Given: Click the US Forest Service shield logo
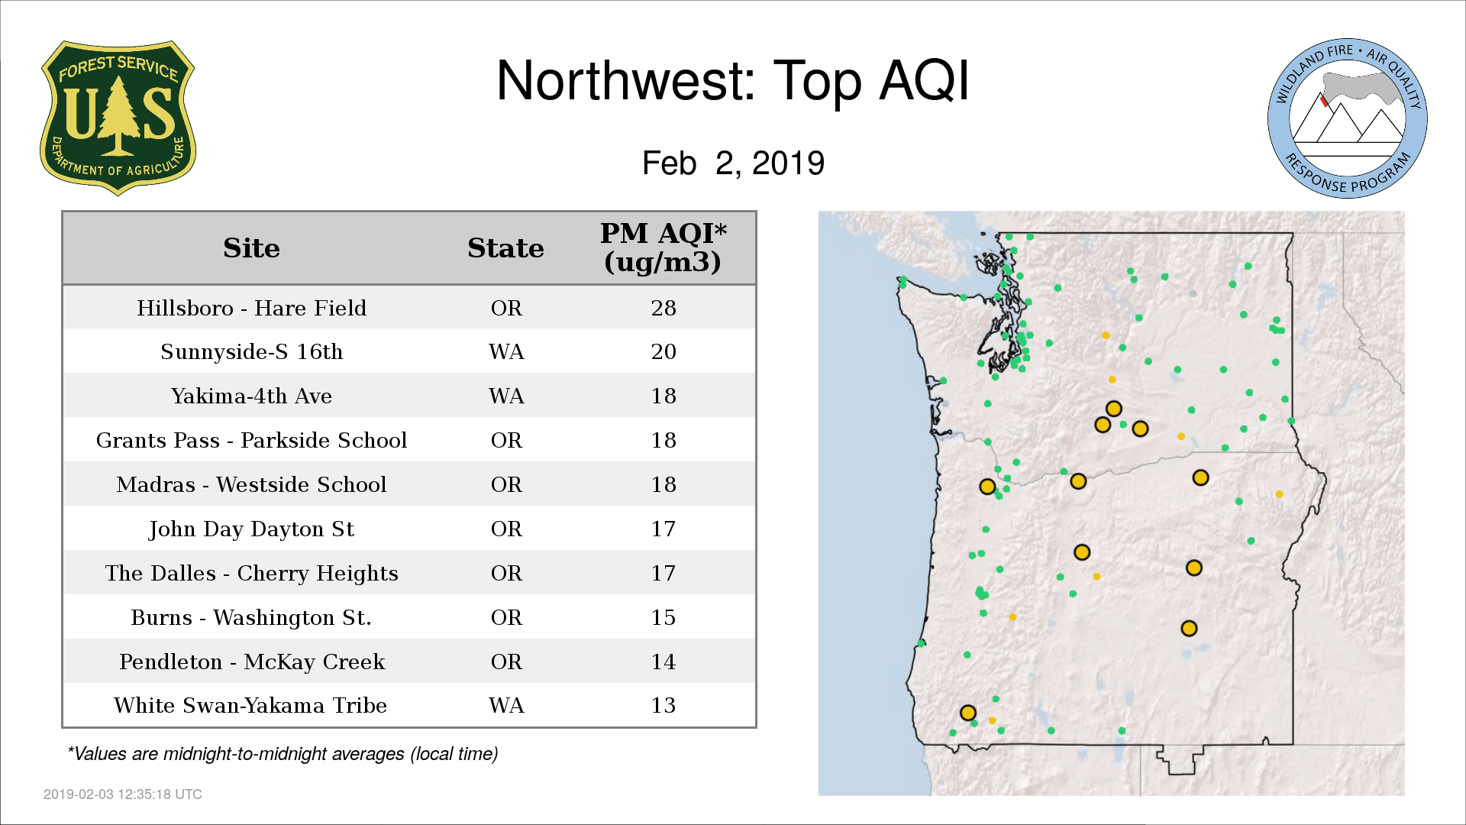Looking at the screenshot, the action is coord(118,118).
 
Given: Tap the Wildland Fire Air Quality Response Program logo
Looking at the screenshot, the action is coord(1348,118).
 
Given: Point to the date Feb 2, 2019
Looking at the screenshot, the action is coord(733,163).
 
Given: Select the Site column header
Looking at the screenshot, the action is coord(251,248).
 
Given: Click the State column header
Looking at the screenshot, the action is coord(505,248).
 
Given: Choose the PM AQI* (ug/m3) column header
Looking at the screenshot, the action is coord(663,247).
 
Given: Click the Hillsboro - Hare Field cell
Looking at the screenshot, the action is coord(251,308).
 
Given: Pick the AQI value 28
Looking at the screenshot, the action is coord(664,308).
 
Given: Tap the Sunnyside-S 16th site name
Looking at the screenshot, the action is coord(251,352).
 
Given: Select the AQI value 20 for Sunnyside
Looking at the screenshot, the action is coord(664,352).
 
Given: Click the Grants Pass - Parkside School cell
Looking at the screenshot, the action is coord(251,441).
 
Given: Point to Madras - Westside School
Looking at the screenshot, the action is coord(251,485).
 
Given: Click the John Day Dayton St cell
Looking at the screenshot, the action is coord(251,529).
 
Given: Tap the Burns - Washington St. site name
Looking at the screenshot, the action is coord(251,618).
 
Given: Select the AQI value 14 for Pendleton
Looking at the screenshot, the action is coord(664,662).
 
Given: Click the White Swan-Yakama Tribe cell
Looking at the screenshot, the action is coord(251,706).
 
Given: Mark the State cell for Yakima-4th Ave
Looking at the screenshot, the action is coord(506,396).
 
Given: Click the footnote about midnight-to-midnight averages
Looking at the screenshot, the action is coord(283,755).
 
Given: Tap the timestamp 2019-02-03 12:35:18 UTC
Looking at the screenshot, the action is coord(123,794).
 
